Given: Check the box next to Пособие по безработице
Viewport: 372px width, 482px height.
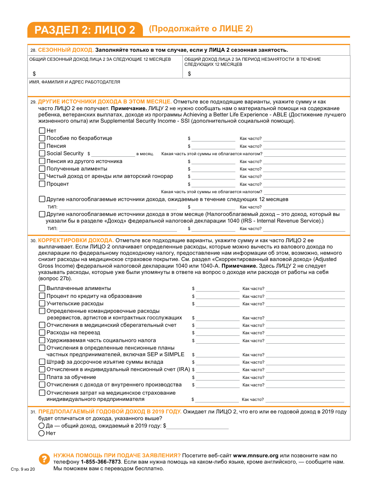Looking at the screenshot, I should click(42, 138).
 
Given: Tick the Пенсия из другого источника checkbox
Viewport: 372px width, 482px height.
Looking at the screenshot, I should click(42, 161).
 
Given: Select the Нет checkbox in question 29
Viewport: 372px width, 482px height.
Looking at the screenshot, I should click(42, 130).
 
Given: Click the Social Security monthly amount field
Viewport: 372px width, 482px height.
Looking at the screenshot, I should click(113, 154).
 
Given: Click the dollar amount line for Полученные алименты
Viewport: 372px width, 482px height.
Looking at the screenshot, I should click(213, 169).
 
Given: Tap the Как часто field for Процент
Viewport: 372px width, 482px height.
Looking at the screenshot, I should click(304, 184).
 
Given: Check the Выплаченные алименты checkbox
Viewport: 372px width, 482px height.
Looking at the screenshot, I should click(42, 288).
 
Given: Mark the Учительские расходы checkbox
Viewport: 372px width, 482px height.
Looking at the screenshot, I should click(42, 303).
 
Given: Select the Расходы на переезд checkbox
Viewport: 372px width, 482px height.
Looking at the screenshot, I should click(42, 333).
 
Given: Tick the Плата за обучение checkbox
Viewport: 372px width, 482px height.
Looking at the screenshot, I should click(42, 377).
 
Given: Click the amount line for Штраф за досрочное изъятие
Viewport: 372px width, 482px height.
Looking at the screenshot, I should click(217, 362).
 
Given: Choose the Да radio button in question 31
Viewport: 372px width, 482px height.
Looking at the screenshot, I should click(41, 426).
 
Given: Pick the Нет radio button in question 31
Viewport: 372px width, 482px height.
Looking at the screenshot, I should click(41, 433).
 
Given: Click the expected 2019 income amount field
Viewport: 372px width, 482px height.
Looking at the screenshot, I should click(197, 426).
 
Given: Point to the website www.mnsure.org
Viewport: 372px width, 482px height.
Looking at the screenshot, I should click(256, 456).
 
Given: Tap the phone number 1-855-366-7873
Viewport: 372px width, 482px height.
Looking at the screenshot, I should click(101, 462).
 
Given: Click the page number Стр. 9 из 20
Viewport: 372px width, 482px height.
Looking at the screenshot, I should click(23, 469).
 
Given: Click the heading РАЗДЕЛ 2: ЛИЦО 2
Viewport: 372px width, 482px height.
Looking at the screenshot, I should click(85, 30).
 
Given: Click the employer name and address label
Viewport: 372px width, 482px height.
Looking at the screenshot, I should click(75, 82).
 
